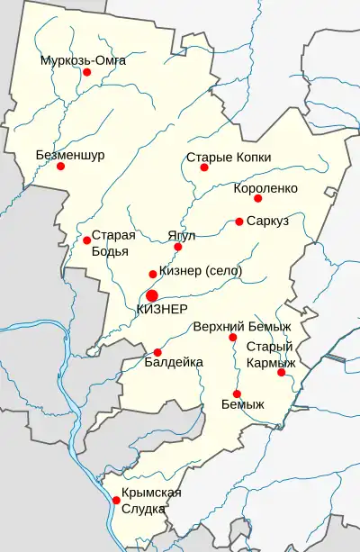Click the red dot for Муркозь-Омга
(87, 72)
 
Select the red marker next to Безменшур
(60, 166)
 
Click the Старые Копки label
(228, 156)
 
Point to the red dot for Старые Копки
(204, 167)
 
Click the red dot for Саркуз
(239, 222)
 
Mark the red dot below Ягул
(178, 247)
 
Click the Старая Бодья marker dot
(86, 240)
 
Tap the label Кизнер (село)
(200, 272)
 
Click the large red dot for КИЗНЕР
(152, 294)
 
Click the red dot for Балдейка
(157, 352)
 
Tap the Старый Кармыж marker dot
(281, 372)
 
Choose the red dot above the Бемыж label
(237, 394)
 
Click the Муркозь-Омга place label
(83, 60)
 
